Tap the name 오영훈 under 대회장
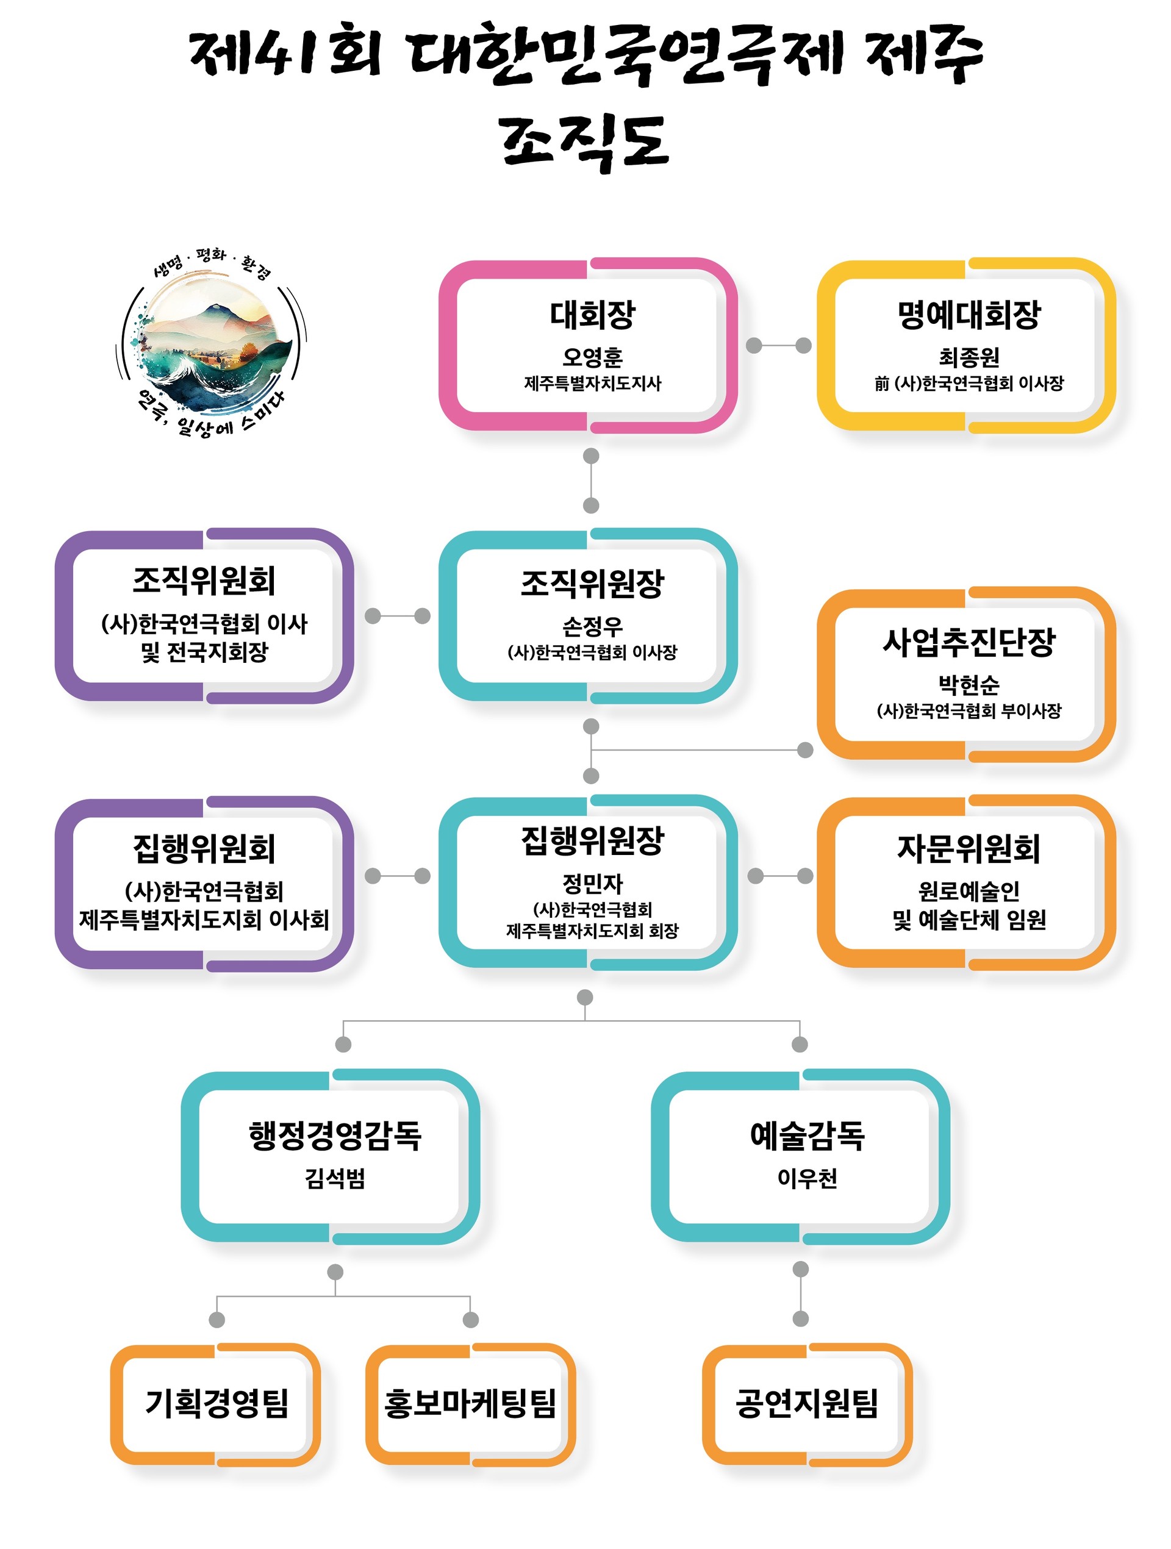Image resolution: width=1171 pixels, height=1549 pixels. coord(592,358)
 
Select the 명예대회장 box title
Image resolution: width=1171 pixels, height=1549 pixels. coord(969,315)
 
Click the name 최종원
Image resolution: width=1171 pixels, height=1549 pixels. coord(969,358)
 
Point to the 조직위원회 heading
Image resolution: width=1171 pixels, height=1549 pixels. coord(204,581)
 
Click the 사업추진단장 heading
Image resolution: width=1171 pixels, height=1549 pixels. coord(969,642)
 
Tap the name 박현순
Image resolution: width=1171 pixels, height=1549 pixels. coord(969,685)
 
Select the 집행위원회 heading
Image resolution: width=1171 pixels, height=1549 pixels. coord(204,849)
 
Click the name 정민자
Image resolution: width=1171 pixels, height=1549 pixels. coord(592,884)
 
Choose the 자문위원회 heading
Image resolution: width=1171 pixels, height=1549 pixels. coord(969,849)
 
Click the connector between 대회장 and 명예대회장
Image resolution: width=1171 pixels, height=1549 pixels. coord(778,345)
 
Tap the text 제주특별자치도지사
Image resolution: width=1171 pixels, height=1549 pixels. coord(592,384)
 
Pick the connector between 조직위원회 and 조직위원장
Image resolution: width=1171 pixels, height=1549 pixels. coord(397,615)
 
